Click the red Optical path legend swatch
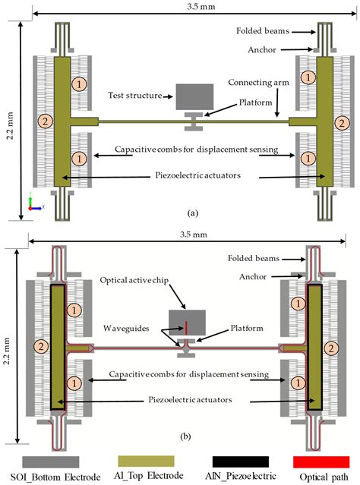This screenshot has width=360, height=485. [321, 461]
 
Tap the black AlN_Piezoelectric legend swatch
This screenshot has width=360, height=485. [241, 461]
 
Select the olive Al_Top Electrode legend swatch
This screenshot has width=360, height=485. [146, 461]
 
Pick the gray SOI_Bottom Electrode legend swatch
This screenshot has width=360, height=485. [50, 461]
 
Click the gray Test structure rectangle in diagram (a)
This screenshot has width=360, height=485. [194, 97]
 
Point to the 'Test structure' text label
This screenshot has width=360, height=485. [135, 96]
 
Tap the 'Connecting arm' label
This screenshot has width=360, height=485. [258, 83]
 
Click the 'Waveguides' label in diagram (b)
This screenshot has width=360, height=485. [126, 328]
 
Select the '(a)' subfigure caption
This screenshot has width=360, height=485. [193, 213]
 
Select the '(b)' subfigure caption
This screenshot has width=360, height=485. [185, 436]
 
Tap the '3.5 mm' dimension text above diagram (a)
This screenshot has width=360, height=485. [201, 7]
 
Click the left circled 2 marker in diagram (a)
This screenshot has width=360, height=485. [46, 121]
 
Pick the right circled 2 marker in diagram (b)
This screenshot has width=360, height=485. [331, 349]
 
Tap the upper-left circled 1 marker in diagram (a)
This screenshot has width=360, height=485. [79, 84]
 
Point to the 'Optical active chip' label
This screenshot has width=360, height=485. [134, 280]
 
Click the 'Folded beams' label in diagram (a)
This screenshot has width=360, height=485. [263, 31]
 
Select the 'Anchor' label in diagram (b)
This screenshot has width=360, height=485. [253, 276]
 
